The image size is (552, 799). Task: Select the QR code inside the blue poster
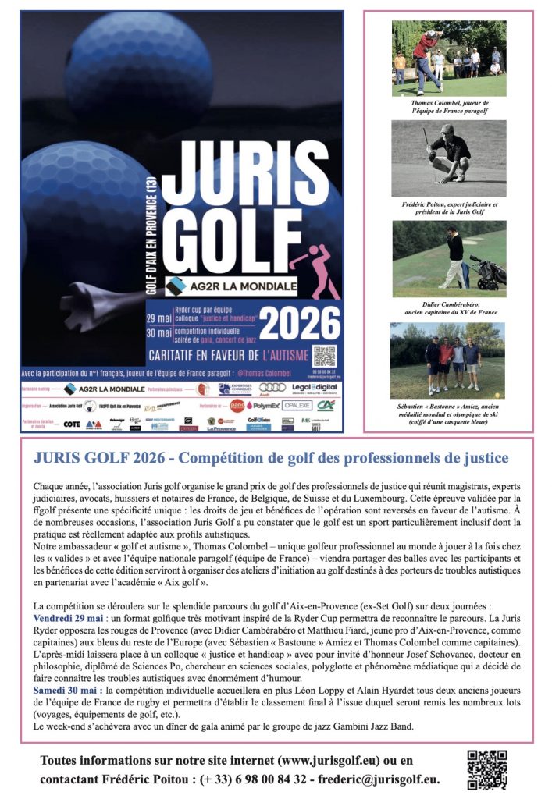324,356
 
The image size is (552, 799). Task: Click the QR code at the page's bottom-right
486,770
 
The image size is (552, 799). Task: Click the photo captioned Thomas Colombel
448,59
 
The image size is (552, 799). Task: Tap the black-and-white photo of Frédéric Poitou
448,158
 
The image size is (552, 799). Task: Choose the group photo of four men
448,360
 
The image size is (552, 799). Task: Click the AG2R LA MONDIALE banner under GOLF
232,287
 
